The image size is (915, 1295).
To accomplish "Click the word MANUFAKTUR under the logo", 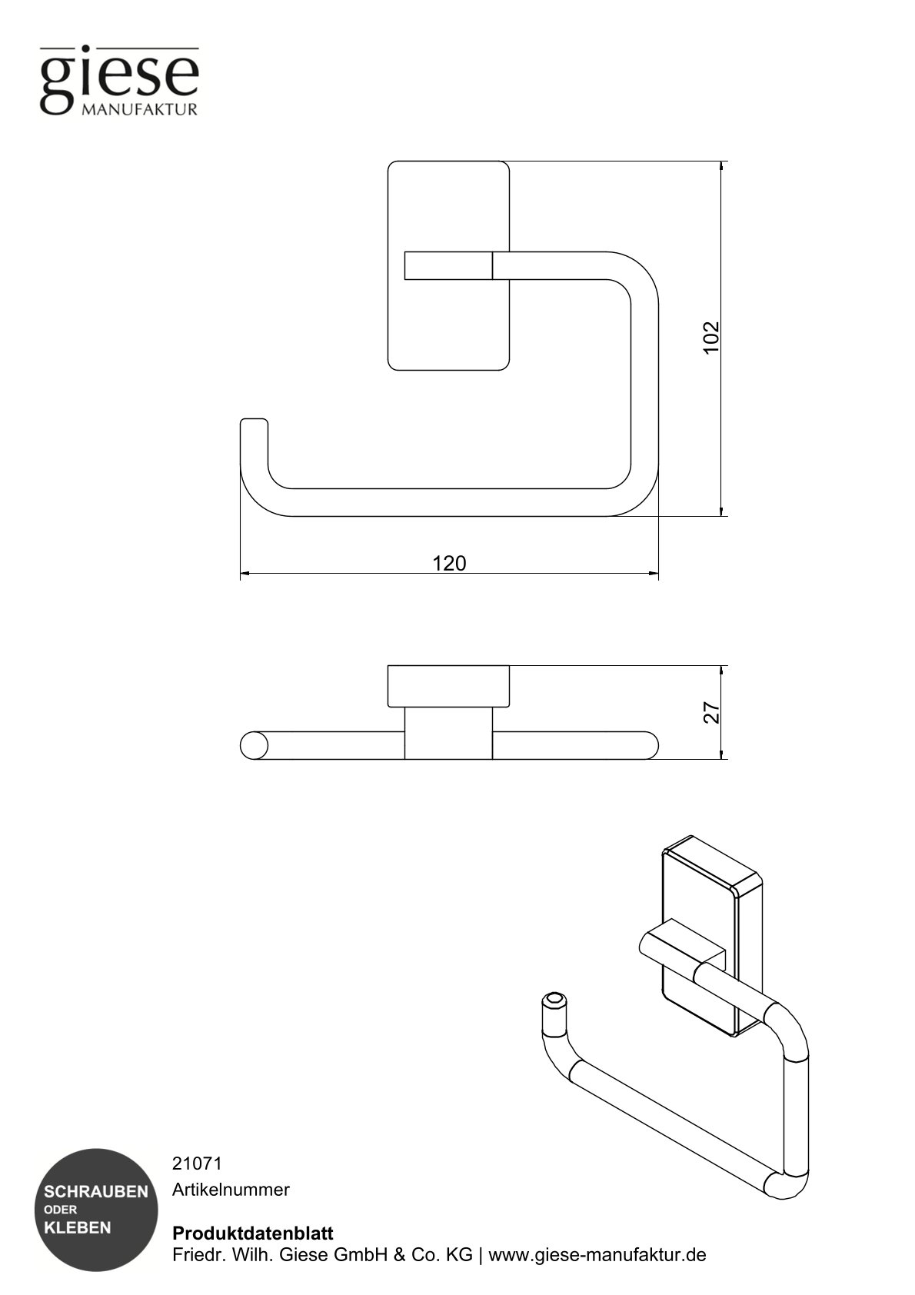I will coord(139,110).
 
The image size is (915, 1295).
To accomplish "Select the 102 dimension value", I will coord(711,337).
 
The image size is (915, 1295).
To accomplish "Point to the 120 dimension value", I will coord(449,564).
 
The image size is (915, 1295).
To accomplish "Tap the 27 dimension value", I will coord(712,713).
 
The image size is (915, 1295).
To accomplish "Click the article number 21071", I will coord(197,1164).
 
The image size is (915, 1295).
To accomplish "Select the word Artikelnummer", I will coord(231,1190).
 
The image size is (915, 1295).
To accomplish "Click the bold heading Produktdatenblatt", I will coord(253,1233).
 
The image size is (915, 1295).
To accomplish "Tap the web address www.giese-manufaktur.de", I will coord(597,1255).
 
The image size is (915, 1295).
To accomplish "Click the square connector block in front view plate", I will coord(448,265).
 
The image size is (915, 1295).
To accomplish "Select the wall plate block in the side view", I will coord(448,686).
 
